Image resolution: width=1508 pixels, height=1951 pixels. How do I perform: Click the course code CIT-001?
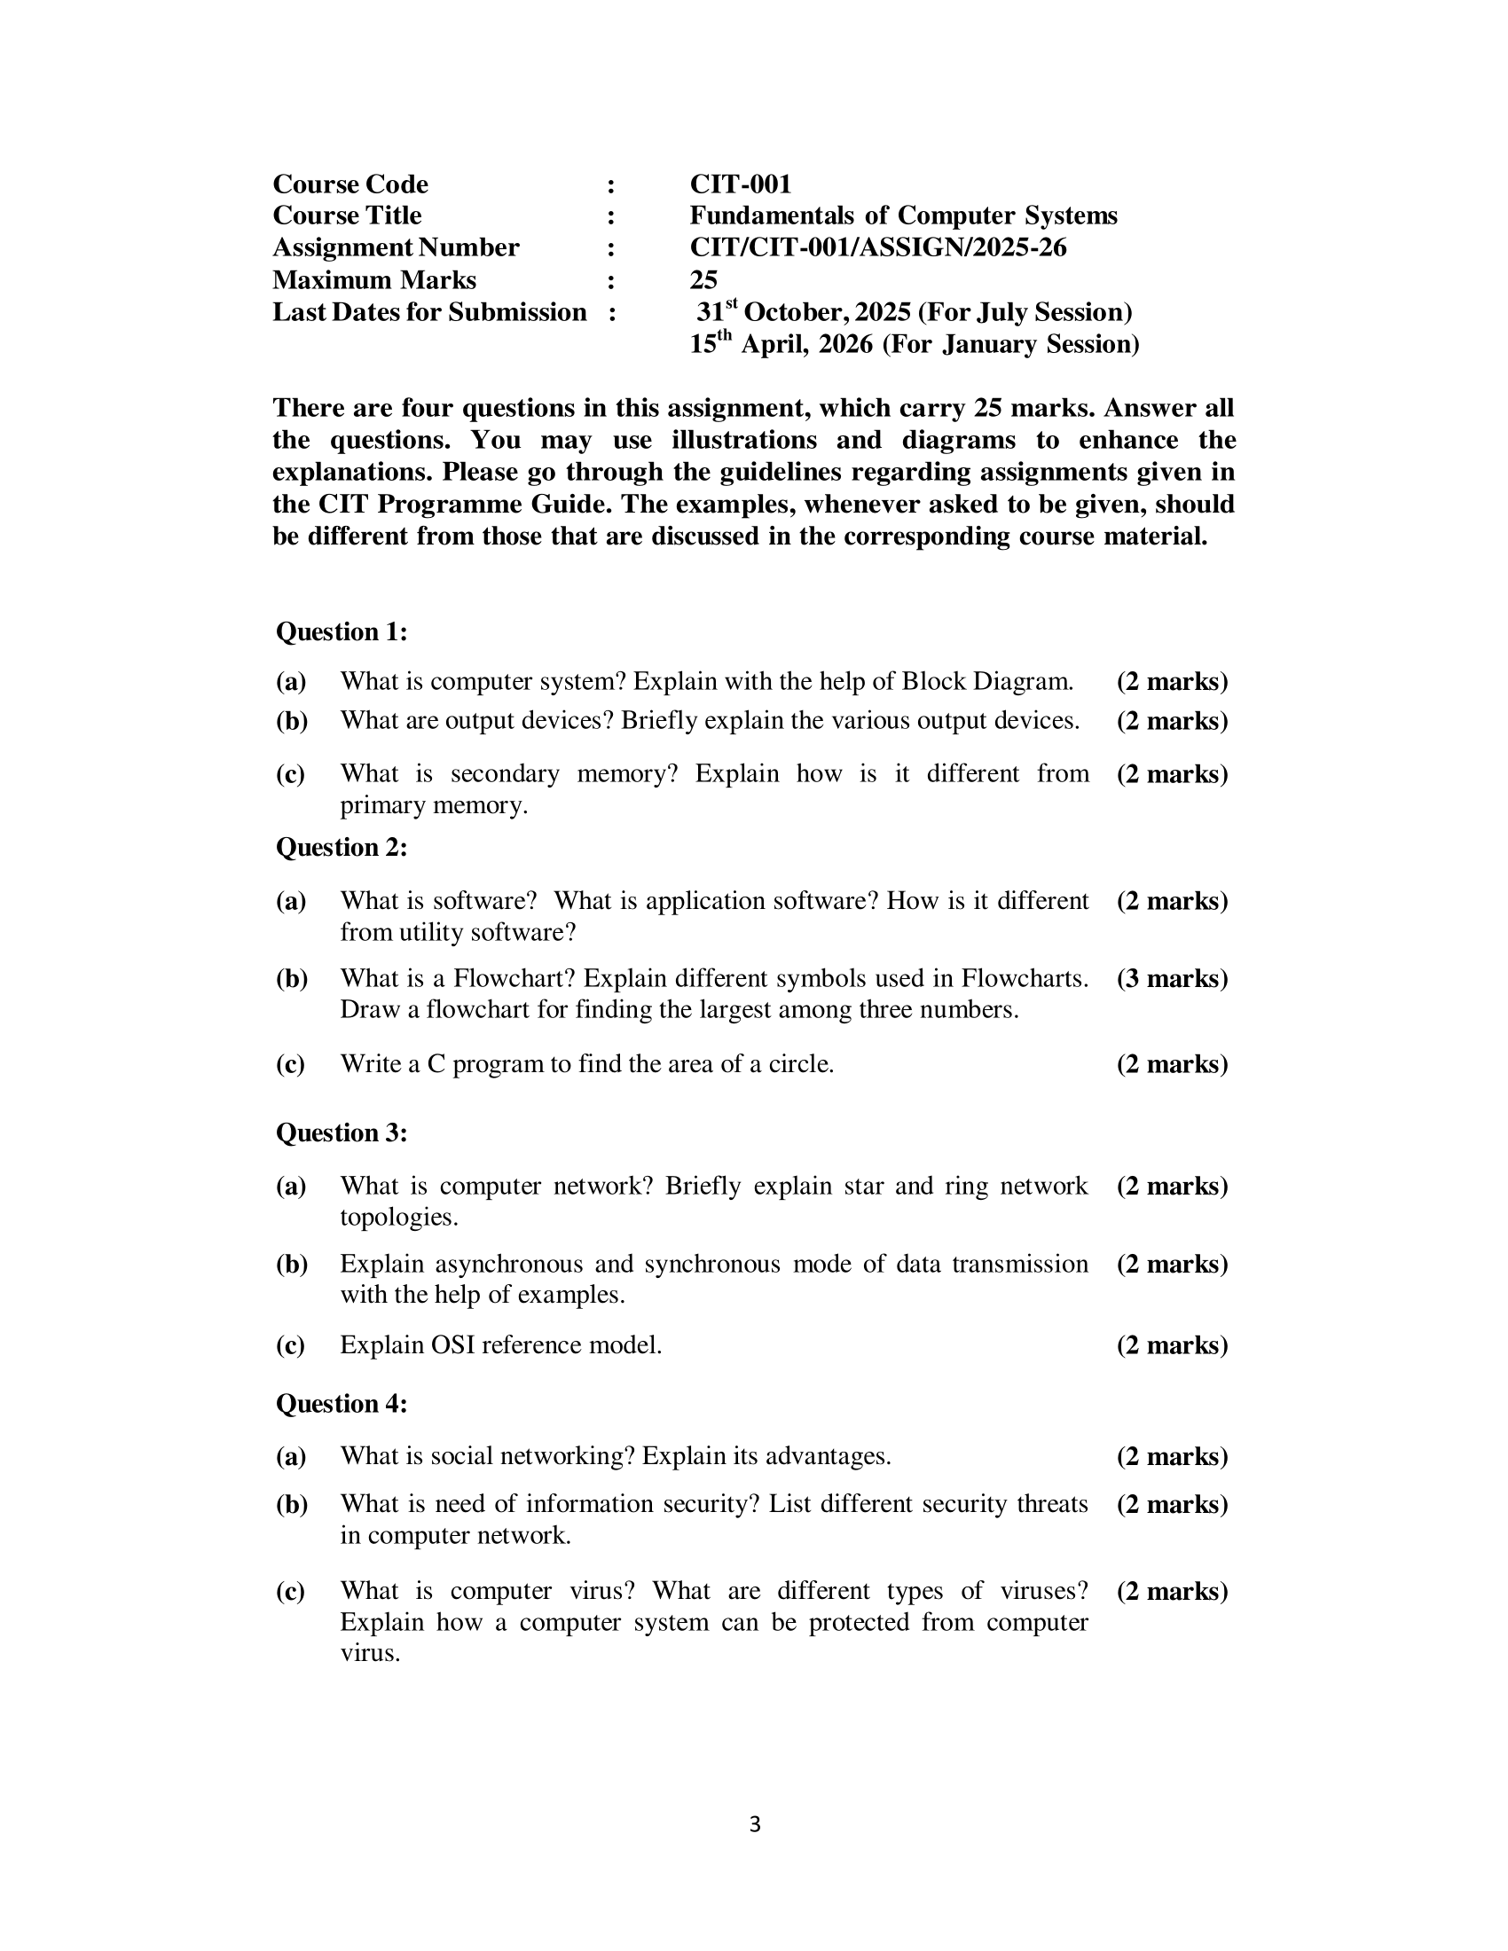pyautogui.click(x=740, y=184)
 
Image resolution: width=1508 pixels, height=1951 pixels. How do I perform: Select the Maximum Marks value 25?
pyautogui.click(x=703, y=279)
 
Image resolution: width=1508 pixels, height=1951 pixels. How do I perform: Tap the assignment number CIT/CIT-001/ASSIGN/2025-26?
pyautogui.click(x=877, y=247)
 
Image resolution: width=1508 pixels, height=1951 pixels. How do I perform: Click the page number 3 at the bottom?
pyautogui.click(x=755, y=1824)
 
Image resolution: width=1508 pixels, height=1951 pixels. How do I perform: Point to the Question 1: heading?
pyautogui.click(x=342, y=631)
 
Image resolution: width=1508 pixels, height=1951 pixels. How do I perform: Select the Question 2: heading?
pyautogui.click(x=342, y=847)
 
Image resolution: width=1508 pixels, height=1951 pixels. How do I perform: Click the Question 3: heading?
pyautogui.click(x=342, y=1132)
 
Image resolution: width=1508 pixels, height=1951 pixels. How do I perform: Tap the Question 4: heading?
pyautogui.click(x=342, y=1404)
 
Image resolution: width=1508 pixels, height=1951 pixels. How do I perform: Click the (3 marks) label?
pyautogui.click(x=1172, y=978)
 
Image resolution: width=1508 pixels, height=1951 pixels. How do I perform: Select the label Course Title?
pyautogui.click(x=347, y=215)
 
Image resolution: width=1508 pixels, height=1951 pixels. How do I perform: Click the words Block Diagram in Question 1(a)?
pyautogui.click(x=986, y=682)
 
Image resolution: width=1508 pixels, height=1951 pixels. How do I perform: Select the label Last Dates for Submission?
pyautogui.click(x=428, y=312)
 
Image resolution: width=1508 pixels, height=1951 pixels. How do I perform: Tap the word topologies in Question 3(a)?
pyautogui.click(x=398, y=1217)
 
